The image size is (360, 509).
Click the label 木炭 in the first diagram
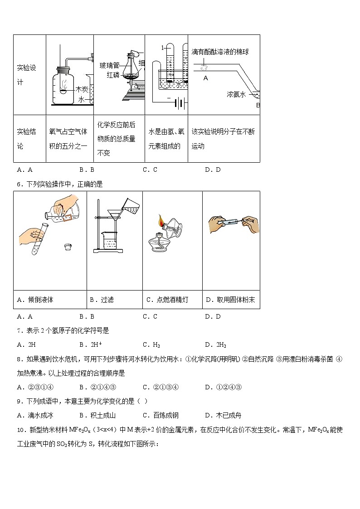click(82, 89)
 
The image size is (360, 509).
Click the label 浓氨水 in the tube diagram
click(236, 94)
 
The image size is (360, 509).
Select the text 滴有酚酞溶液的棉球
click(220, 52)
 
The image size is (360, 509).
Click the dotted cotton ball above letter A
click(204, 67)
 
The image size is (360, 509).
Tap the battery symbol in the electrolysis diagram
click(180, 104)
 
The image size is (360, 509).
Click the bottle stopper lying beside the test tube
click(68, 247)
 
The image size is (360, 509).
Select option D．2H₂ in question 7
click(215, 344)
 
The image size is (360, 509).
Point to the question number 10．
click(21, 429)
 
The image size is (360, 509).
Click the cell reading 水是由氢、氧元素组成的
click(166, 139)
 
